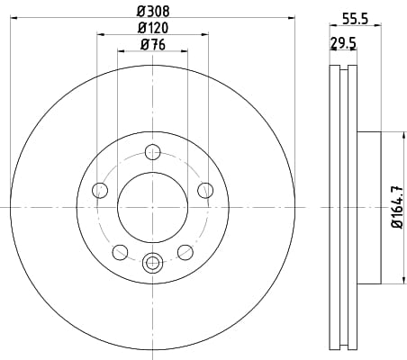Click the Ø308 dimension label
153,12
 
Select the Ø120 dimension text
153,28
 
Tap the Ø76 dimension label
153,45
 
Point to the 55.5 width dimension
356,20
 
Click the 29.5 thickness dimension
343,43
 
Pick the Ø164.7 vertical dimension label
397,207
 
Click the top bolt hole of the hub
153,152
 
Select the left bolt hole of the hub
100,190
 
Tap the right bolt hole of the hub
205,190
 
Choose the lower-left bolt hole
121,252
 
